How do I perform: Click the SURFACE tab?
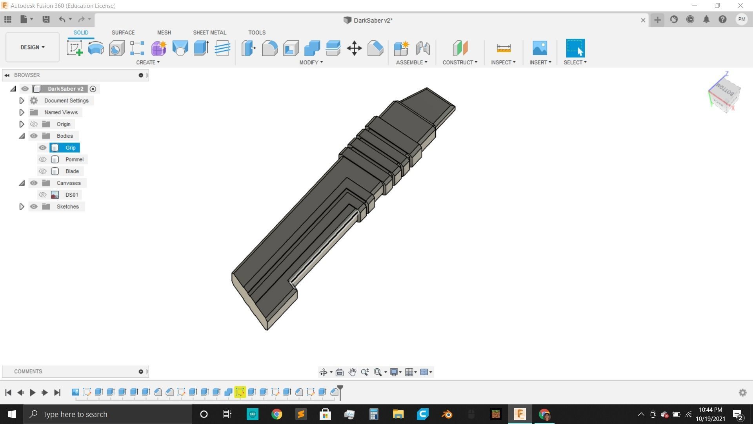[123, 33]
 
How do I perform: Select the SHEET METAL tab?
[209, 33]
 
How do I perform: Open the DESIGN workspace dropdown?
[33, 47]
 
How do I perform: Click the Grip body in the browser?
[71, 148]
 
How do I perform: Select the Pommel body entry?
[75, 159]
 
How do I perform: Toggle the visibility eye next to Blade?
[43, 171]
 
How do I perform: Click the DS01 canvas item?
[71, 195]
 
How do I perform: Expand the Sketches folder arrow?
[22, 207]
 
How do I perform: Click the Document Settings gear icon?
[34, 101]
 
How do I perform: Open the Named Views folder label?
[61, 112]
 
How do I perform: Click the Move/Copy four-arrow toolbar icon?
[354, 48]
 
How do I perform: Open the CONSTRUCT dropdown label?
[460, 62]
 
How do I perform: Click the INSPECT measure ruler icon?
[504, 48]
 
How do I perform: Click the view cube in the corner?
[725, 93]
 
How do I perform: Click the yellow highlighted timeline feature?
[240, 392]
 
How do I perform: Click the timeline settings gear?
[742, 393]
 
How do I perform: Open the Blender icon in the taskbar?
[447, 414]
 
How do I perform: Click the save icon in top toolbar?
[46, 19]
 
